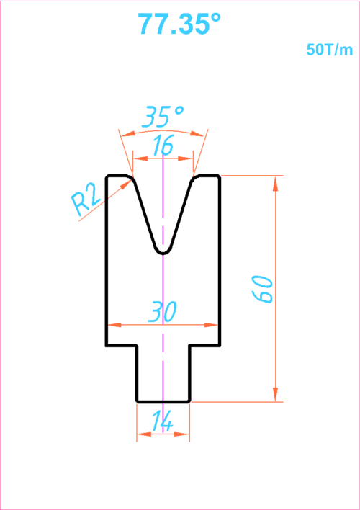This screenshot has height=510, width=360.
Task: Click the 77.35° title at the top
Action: pyautogui.click(x=179, y=24)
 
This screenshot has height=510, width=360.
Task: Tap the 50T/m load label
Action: pyautogui.click(x=330, y=50)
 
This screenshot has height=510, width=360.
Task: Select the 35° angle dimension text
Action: pyautogui.click(x=163, y=117)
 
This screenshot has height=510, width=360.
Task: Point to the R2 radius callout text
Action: pyautogui.click(x=85, y=205)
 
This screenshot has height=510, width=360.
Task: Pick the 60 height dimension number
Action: pyautogui.click(x=262, y=290)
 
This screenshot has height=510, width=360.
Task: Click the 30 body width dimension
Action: pyautogui.click(x=162, y=312)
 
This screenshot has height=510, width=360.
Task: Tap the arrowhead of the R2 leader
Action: pyautogui.click(x=127, y=184)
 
